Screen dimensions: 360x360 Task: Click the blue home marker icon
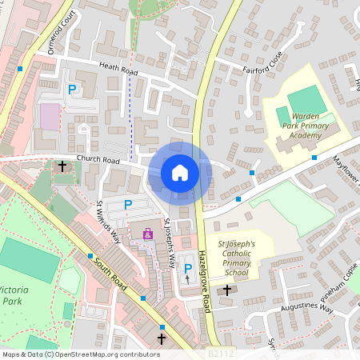[x=180, y=172]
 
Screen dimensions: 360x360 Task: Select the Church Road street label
[x=98, y=160]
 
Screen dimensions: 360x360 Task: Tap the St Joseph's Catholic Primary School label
[x=237, y=258]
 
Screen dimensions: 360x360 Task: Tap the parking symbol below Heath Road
[x=71, y=90]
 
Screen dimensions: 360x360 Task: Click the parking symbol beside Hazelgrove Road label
[x=188, y=268]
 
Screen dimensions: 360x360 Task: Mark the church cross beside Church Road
[x=62, y=166]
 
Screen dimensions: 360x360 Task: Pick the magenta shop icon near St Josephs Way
[x=148, y=234]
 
